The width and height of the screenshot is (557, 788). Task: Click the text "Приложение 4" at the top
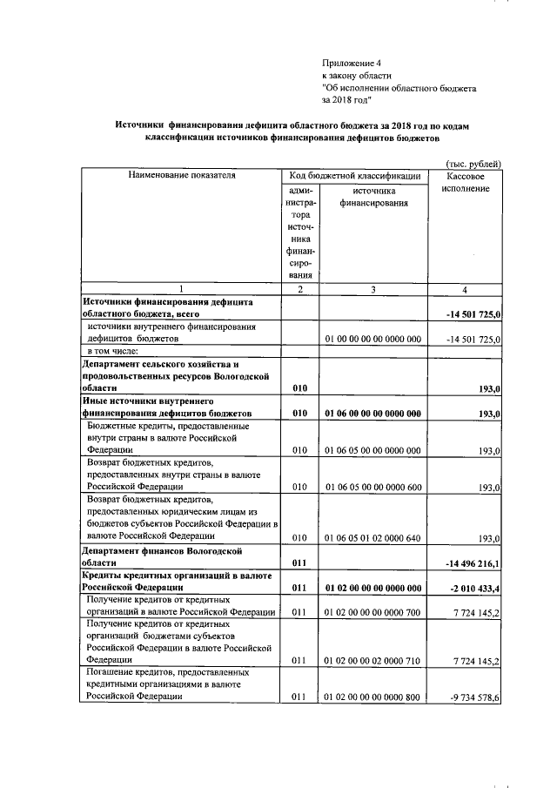pyautogui.click(x=352, y=63)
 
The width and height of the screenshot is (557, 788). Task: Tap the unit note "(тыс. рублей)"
pyautogui.click(x=473, y=164)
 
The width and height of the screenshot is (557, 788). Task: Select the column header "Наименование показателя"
pyautogui.click(x=181, y=176)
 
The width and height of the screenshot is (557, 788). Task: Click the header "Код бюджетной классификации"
pyautogui.click(x=354, y=176)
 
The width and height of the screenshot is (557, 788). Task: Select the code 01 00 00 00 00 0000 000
pyautogui.click(x=372, y=338)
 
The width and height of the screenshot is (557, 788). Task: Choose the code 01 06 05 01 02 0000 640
pyautogui.click(x=372, y=538)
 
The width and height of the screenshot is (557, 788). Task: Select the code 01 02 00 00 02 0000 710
pyautogui.click(x=372, y=661)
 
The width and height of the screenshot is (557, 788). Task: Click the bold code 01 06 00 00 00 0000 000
pyautogui.click(x=372, y=413)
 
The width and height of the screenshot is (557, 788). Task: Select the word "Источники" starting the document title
pyautogui.click(x=141, y=125)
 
